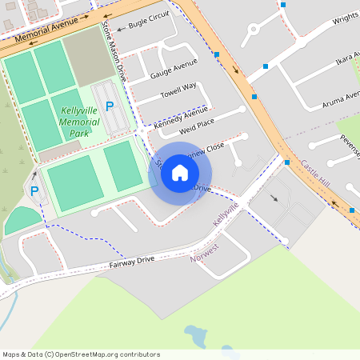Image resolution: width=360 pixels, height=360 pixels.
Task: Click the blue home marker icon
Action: pos(180,173)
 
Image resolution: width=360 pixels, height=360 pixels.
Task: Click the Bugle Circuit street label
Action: pos(149,25)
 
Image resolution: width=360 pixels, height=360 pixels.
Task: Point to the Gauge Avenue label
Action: pos(174,69)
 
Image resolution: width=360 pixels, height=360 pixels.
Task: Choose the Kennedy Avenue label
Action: pos(181,118)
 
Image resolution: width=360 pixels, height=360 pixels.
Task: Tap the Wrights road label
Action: pos(345,18)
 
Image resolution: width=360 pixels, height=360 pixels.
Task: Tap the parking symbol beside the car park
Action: pos(110,106)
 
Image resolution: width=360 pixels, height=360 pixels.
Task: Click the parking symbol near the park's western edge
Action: pos(34,191)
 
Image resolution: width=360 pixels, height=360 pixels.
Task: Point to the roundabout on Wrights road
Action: pos(256,31)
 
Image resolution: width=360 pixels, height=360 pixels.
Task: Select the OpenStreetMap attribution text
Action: pos(81,354)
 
